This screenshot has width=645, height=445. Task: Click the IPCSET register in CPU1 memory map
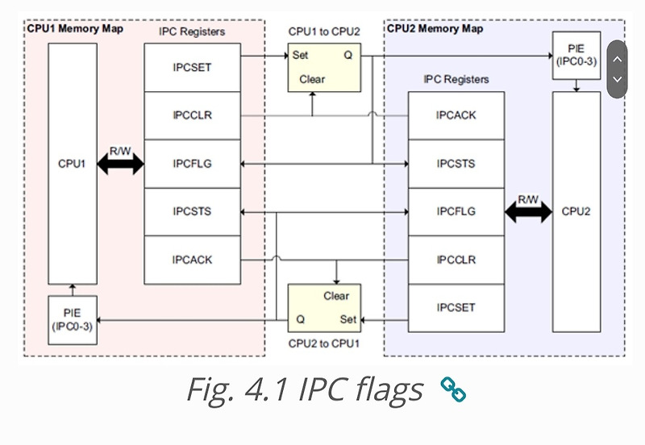(192, 68)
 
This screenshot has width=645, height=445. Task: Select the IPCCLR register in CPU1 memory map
(192, 115)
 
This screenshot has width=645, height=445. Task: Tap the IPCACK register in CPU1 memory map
(192, 260)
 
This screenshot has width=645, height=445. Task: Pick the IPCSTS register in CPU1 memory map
(192, 211)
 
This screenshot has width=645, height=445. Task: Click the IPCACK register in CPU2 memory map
(456, 115)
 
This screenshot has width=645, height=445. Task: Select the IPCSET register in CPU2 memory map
(456, 308)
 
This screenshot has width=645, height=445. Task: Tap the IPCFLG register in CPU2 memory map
(456, 211)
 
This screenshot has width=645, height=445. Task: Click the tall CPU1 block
(72, 164)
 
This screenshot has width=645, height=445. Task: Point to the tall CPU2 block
(576, 211)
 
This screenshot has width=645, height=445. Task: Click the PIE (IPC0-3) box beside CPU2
(576, 56)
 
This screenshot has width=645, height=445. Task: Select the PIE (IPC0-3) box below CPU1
(72, 320)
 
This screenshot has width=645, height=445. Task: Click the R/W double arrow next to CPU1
(119, 164)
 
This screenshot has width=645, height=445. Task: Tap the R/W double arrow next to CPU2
(528, 212)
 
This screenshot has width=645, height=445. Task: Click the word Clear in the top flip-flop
(312, 79)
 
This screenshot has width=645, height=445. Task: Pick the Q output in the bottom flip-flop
(300, 319)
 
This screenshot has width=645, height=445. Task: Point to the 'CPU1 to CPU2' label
(324, 31)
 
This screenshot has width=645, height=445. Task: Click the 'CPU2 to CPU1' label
(324, 344)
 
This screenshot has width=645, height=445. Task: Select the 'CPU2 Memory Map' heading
(435, 28)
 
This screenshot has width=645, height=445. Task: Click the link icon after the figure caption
(453, 390)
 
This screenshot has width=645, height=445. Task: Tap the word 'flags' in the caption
(381, 390)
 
